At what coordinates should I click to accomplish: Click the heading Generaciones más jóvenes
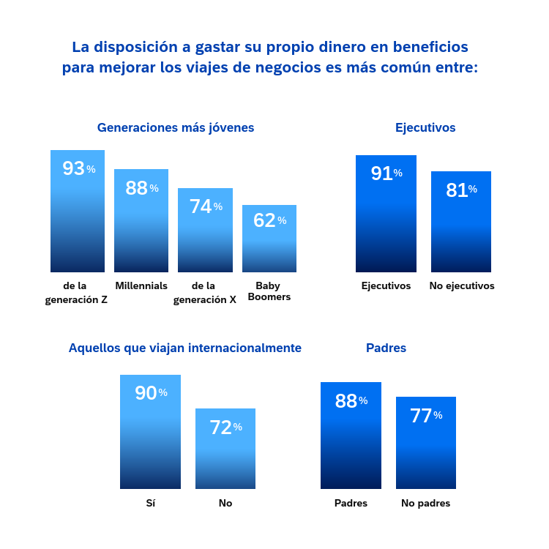click(x=176, y=127)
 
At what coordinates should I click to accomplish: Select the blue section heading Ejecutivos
click(x=425, y=127)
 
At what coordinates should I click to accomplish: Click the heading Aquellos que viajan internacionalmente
click(x=185, y=348)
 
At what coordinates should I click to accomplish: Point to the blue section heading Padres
click(x=386, y=348)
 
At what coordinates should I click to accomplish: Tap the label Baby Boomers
click(x=273, y=291)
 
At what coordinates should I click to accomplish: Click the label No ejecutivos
click(x=462, y=286)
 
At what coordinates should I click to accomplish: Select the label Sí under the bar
click(x=151, y=504)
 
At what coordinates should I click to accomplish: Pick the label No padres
click(x=426, y=504)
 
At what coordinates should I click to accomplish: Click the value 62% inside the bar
click(x=269, y=220)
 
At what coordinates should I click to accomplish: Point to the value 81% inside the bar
click(x=461, y=190)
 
